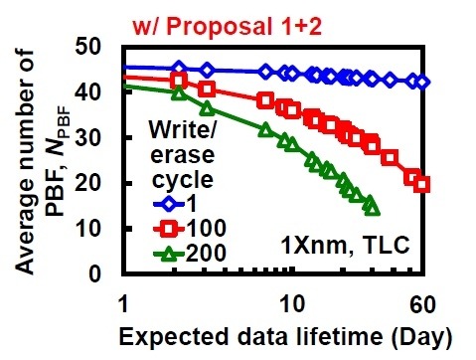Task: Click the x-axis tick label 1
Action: (x=123, y=301)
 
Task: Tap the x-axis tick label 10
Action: (x=291, y=301)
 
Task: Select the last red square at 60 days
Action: (x=422, y=184)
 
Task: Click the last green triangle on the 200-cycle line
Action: (x=372, y=206)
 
